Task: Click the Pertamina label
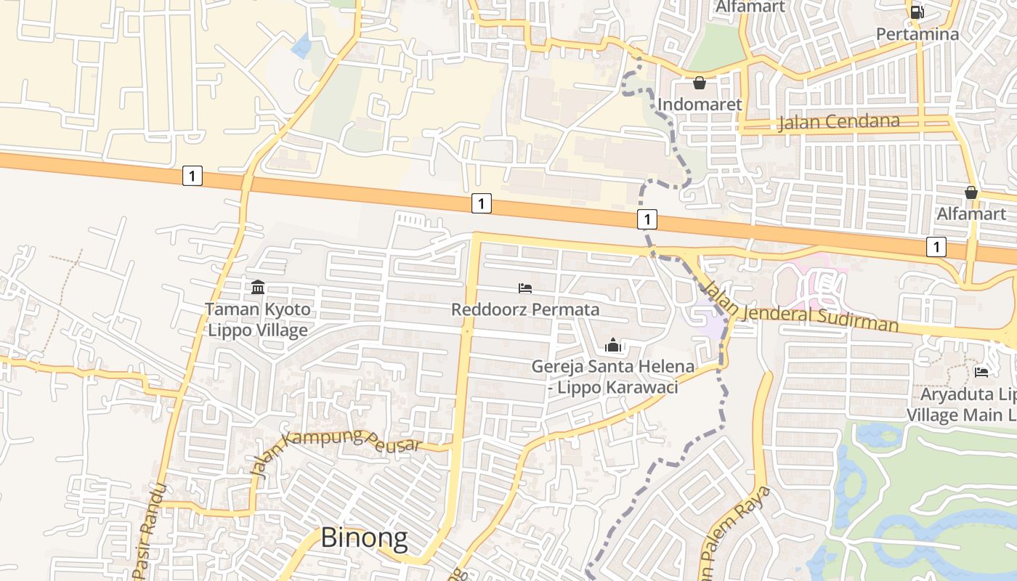[x=917, y=34]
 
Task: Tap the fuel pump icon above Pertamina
[x=917, y=12]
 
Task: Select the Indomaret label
[x=700, y=105]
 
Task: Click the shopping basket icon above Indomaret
[x=700, y=83]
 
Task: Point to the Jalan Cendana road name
[x=838, y=121]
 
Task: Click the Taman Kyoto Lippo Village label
[x=257, y=320]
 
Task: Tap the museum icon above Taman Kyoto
[x=257, y=288]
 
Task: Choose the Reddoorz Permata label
[x=525, y=309]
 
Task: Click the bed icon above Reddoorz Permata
[x=525, y=288]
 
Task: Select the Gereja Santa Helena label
[x=612, y=367]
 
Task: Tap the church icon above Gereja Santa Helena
[x=613, y=345]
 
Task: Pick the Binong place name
[x=364, y=538]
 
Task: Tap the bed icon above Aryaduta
[x=981, y=373]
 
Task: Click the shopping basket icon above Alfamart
[x=971, y=192]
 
